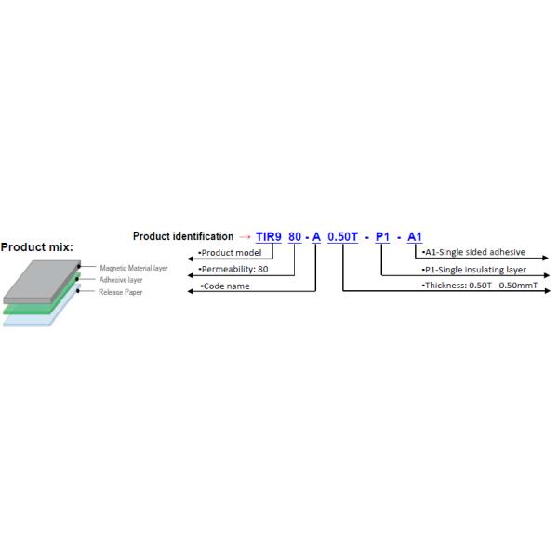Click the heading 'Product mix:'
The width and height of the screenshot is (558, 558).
click(x=36, y=247)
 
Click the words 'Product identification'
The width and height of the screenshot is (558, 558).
click(x=182, y=236)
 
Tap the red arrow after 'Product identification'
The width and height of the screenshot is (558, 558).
click(x=245, y=236)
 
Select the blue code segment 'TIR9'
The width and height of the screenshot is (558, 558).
click(x=269, y=236)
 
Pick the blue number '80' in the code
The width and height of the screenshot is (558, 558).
click(x=295, y=236)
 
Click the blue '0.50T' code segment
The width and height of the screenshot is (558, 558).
click(x=342, y=236)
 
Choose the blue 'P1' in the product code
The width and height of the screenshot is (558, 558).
click(x=382, y=236)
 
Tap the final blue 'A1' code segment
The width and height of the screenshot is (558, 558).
click(x=414, y=236)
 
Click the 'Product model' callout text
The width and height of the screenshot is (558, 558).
click(x=230, y=252)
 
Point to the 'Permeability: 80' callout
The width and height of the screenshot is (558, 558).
click(x=233, y=269)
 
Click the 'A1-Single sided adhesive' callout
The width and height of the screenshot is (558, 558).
click(x=473, y=252)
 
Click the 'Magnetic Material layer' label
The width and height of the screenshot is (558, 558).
click(x=134, y=268)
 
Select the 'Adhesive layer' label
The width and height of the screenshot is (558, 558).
click(x=121, y=279)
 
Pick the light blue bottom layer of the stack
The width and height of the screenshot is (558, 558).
click(x=28, y=321)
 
